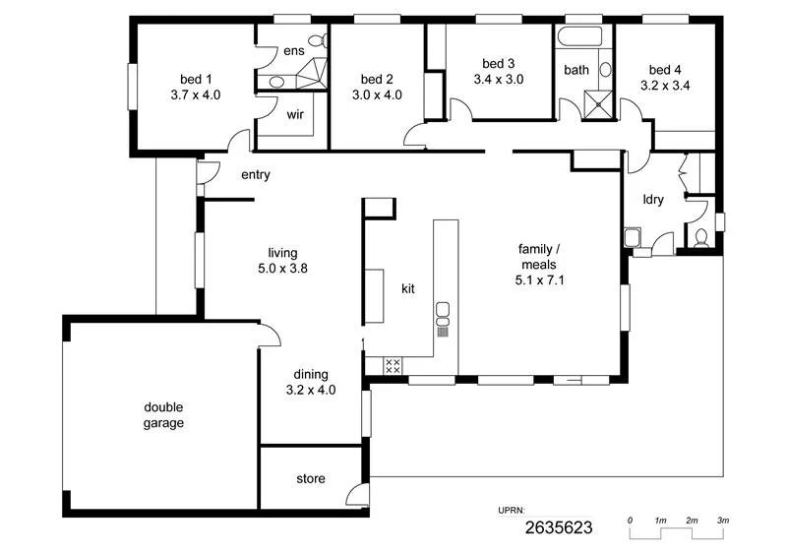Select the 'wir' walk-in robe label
click(294, 114)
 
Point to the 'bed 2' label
click(377, 80)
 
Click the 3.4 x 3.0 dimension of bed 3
click(499, 79)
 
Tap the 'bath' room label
click(576, 70)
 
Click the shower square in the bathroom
click(597, 103)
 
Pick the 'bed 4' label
click(665, 70)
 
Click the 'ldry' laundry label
click(653, 200)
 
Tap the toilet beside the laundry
click(700, 237)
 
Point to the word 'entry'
click(256, 175)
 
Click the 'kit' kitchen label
click(408, 289)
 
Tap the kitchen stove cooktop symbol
click(392, 366)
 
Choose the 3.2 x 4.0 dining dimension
click(311, 389)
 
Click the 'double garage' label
click(164, 415)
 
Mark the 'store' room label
click(311, 480)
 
